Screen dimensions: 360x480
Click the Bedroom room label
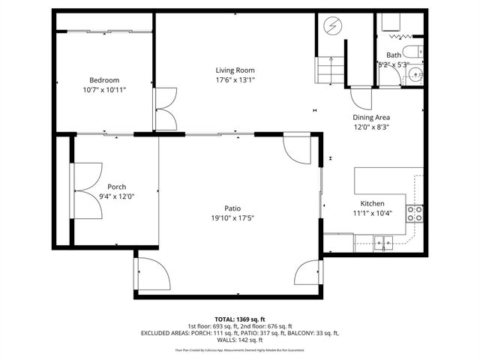(x=104, y=80)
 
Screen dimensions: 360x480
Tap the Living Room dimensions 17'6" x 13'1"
(x=235, y=79)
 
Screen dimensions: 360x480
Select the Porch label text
(x=116, y=187)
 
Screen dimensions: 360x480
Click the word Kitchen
(x=372, y=204)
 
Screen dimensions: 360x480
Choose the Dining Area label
(x=371, y=118)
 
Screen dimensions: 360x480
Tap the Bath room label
(x=394, y=55)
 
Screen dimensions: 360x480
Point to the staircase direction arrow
(x=330, y=68)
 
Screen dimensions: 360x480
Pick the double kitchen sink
(x=383, y=241)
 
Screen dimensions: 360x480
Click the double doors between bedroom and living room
(x=164, y=109)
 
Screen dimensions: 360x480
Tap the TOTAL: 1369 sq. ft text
(x=239, y=319)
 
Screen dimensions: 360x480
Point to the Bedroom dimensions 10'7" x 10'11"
(x=104, y=90)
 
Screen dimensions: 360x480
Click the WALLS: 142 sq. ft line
(x=239, y=339)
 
